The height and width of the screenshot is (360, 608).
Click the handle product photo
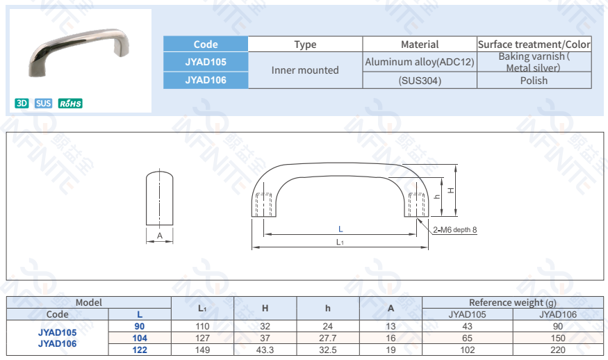[81, 52]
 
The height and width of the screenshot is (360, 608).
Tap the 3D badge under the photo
[22, 104]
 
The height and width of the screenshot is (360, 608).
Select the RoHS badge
[70, 104]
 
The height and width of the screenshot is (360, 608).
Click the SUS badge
[44, 104]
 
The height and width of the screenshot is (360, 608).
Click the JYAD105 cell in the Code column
[206, 62]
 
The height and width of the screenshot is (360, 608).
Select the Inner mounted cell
[305, 70]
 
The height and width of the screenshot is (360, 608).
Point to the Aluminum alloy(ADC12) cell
[420, 62]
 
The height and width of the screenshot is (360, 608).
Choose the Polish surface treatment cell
[534, 81]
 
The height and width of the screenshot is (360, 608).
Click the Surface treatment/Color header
[534, 44]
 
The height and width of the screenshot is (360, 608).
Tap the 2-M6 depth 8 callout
[454, 229]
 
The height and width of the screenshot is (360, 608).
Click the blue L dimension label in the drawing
[340, 229]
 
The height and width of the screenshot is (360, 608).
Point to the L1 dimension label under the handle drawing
[340, 243]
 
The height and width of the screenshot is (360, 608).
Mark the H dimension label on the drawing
[450, 189]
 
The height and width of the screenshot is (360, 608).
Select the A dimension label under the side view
[160, 236]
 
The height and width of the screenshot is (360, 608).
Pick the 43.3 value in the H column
[265, 350]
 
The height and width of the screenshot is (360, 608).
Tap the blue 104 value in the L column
[140, 338]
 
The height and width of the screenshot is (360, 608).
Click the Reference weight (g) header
[513, 302]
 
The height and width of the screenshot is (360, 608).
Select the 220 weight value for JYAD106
[558, 350]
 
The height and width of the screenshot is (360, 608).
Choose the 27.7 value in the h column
[327, 338]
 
